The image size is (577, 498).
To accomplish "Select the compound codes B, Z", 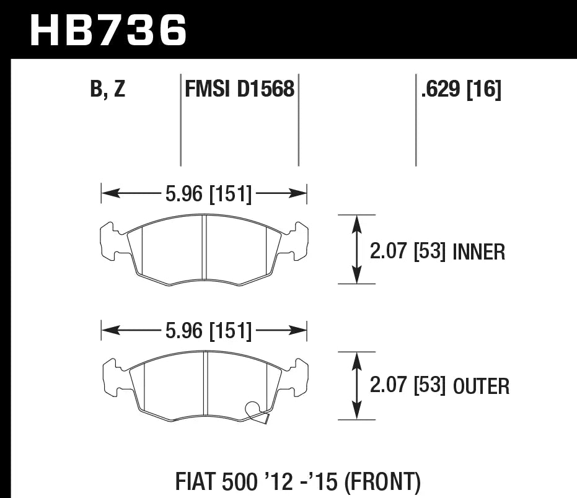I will coord(108,90).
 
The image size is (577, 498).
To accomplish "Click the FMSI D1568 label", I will coord(239,90).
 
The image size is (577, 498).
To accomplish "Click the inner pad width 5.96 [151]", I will coord(208,194).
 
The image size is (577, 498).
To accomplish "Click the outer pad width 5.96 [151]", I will coord(208,331).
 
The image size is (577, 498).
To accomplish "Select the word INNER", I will coord(479,252).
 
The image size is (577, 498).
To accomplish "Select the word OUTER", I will coord(481,387).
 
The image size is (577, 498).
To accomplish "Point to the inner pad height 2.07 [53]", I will coord(408,252).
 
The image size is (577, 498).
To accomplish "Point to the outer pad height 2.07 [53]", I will coord(408,387).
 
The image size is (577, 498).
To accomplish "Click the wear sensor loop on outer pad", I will coord(253,409).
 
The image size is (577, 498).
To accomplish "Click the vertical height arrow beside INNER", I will coord(356,250).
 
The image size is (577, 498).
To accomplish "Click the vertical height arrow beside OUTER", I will coord(356,385).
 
